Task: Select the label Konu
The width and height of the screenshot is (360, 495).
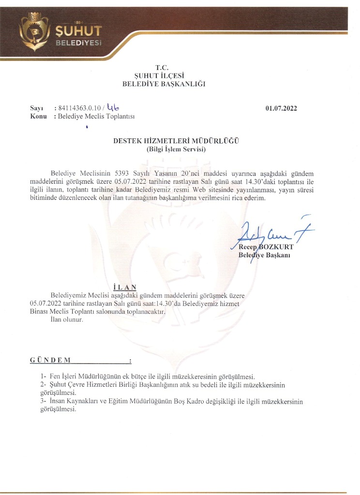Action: [38, 116]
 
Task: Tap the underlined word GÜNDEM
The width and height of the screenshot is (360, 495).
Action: [50, 361]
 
